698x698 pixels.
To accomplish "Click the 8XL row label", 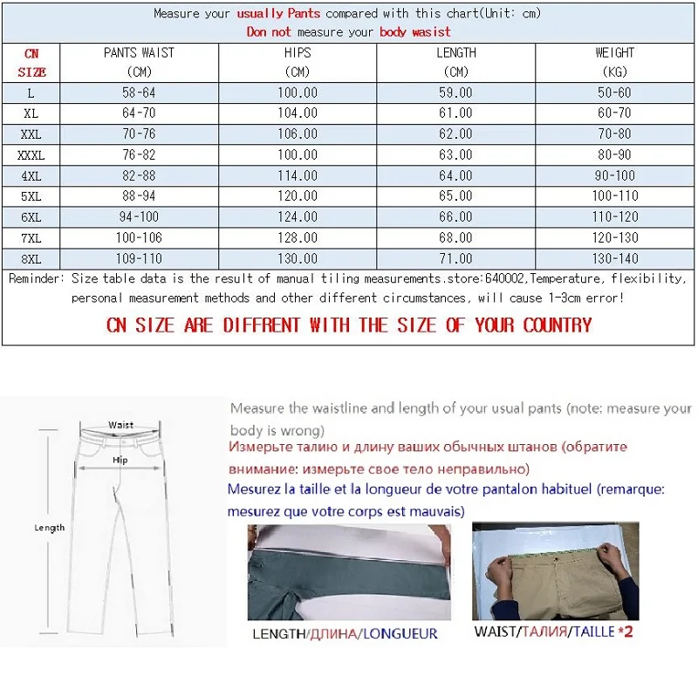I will (32, 259).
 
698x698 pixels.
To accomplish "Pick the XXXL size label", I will (31, 154).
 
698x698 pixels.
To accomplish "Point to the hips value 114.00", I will (298, 175).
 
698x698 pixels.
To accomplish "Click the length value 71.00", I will (455, 259).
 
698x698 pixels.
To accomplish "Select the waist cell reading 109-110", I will (140, 259).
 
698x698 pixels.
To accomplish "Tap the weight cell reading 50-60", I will (615, 92).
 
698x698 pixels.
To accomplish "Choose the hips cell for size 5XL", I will (298, 196).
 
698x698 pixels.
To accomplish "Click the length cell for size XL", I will (455, 113).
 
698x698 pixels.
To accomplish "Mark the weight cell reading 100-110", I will (615, 196).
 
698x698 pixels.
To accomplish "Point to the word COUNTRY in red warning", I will (557, 325).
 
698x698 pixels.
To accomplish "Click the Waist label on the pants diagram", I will (121, 425).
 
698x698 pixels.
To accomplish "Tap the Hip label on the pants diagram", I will (120, 459).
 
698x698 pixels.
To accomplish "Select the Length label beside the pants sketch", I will (50, 528).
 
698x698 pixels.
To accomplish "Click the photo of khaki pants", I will (555, 571).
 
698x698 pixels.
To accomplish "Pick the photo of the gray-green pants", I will (348, 571).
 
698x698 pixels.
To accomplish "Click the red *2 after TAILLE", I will (625, 631).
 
